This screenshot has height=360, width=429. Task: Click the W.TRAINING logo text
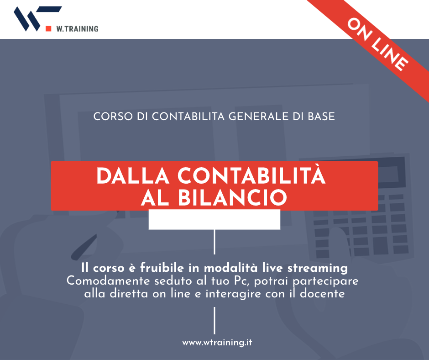coord(78,29)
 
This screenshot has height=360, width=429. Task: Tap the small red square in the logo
coord(48,28)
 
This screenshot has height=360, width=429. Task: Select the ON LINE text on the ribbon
coord(378,45)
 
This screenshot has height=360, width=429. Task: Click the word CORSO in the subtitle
coord(113,116)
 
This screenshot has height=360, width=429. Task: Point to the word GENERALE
coord(259,116)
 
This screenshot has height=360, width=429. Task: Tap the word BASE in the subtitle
coord(321,116)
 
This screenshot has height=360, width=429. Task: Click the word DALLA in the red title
coord(133,176)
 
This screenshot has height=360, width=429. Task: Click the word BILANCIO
coord(233,197)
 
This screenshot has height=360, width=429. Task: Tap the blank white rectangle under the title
coord(214,219)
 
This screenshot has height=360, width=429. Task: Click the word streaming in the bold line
coord(318,268)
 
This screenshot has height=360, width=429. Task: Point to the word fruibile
coord(162,268)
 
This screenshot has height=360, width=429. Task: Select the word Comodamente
coord(108,281)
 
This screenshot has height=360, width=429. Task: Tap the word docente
coord(322,294)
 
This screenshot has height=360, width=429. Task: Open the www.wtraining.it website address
coord(217,343)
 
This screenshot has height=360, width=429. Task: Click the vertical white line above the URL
coord(214,321)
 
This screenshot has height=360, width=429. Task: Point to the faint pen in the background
coord(84,247)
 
